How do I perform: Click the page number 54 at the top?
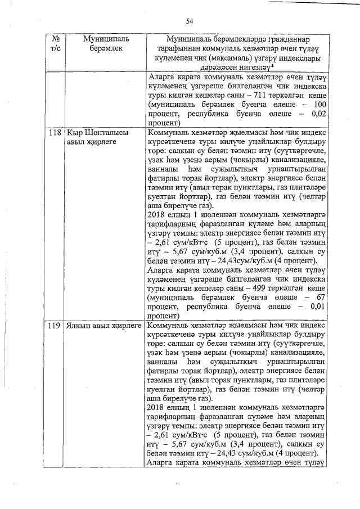(x=189, y=21)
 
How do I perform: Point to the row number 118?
(x=55, y=133)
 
